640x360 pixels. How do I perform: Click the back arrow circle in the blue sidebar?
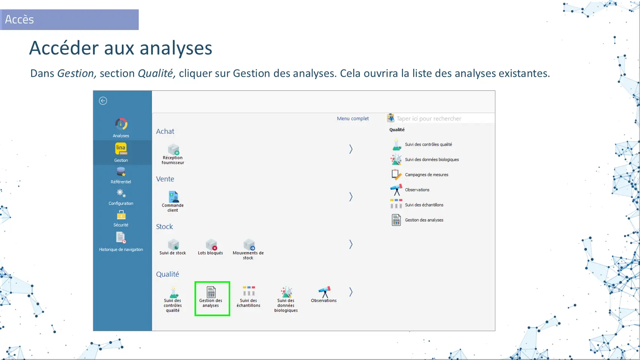tap(103, 101)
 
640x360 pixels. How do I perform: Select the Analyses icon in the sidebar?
tap(121, 124)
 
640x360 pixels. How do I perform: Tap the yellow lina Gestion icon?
tap(121, 148)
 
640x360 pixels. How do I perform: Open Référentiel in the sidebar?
tap(121, 172)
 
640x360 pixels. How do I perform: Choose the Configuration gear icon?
tap(121, 193)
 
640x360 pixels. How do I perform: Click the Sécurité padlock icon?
tap(121, 215)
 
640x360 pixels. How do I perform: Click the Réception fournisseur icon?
tap(173, 149)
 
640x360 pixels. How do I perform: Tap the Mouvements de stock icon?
tap(249, 244)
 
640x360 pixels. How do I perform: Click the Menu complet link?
tap(352, 118)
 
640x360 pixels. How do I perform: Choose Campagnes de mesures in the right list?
tap(427, 175)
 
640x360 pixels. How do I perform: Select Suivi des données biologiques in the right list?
tap(432, 159)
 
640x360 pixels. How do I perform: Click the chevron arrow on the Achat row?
tap(351, 149)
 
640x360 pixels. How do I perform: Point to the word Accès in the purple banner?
tap(19, 19)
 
